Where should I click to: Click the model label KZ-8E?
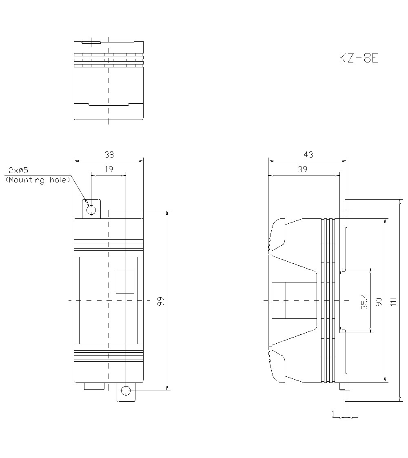[359, 58]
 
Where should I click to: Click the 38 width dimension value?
[109, 155]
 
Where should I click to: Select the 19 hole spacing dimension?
[109, 169]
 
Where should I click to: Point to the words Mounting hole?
[38, 180]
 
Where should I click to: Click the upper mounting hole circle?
[91, 210]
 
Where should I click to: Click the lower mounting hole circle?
[126, 391]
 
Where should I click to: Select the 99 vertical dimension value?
[161, 301]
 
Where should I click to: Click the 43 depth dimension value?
[308, 155]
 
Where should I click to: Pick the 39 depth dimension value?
[302, 169]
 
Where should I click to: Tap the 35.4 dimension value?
[364, 301]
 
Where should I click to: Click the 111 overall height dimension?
[393, 301]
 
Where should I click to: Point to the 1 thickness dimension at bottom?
[333, 414]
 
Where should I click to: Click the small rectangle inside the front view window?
[125, 281]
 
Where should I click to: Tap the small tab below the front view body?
[94, 386]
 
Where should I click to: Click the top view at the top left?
[109, 80]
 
